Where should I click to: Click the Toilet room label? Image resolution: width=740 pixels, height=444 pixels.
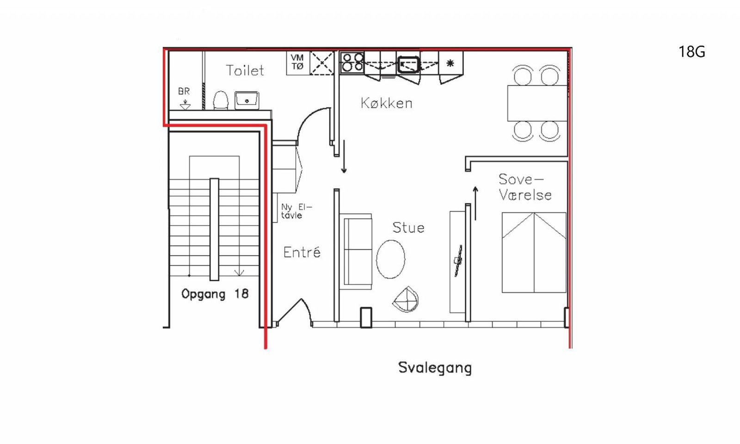click(245, 70)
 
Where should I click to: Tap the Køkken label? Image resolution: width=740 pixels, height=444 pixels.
click(387, 103)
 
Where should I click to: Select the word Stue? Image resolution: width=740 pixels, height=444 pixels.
click(408, 228)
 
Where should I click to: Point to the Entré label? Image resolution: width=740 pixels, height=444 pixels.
click(302, 252)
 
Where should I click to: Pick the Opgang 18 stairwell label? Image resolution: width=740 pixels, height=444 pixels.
click(215, 294)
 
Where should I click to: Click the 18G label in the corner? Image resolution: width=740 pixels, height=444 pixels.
click(692, 52)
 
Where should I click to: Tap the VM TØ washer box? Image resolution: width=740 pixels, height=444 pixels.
click(298, 63)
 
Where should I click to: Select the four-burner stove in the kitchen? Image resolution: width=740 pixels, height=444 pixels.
click(352, 62)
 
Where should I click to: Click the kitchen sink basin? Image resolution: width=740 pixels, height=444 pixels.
click(409, 64)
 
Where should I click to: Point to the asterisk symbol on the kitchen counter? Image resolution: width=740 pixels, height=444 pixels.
click(450, 63)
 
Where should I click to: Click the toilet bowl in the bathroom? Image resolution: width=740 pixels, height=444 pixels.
click(221, 100)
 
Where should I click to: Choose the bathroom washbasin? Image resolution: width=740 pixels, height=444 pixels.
click(247, 100)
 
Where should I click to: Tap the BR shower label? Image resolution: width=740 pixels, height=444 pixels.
click(184, 91)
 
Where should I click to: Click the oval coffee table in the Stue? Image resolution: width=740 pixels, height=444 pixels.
click(390, 259)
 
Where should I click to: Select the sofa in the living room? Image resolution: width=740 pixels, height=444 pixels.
click(356, 252)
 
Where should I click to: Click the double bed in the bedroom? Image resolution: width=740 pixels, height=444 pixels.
click(534, 253)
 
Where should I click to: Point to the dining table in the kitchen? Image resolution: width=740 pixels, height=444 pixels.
click(537, 103)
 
